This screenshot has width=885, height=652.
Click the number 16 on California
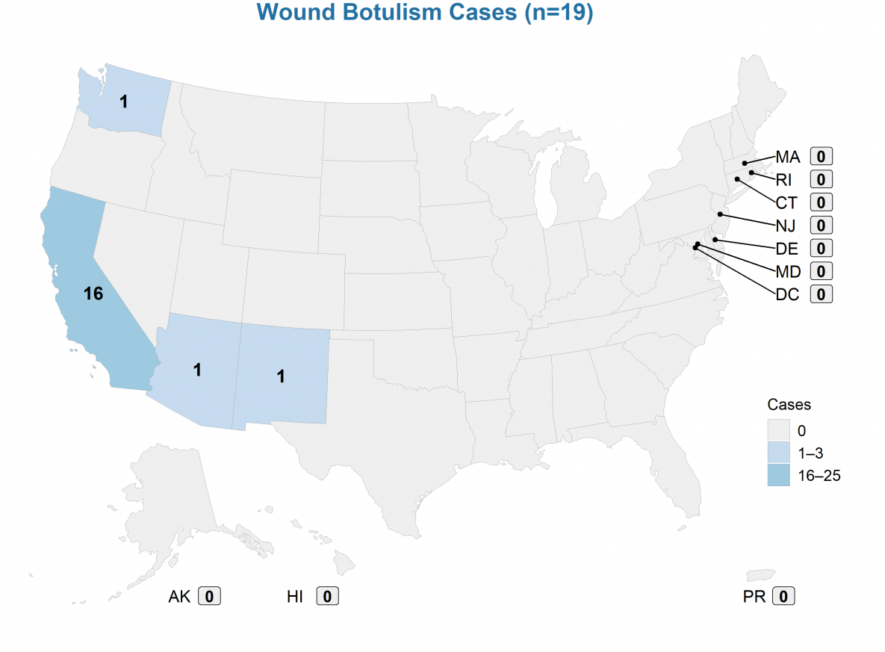coord(93,294)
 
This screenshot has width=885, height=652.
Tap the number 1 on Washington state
coord(124,102)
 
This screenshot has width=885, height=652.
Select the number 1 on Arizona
coord(197,369)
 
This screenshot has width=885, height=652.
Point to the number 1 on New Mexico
coord(281,376)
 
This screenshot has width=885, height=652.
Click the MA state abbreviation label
coord(787,157)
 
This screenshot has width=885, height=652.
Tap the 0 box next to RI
coord(821,180)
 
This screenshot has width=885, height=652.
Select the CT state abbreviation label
coord(786,202)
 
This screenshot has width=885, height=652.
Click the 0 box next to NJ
coord(821,226)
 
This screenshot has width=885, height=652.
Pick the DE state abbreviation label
coord(786,248)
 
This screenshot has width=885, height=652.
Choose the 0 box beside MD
coord(821,271)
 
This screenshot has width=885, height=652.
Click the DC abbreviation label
coord(787,294)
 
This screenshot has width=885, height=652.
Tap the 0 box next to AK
coord(210,596)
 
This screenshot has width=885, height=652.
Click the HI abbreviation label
coord(296,596)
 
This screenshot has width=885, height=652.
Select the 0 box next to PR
coord(783,596)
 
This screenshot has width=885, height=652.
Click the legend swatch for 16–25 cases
coord(778,474)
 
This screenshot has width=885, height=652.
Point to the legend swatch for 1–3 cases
coord(778,453)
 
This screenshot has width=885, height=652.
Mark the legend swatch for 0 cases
coord(778,430)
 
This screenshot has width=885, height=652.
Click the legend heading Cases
coord(789,405)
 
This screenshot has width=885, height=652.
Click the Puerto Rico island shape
coord(760,575)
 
